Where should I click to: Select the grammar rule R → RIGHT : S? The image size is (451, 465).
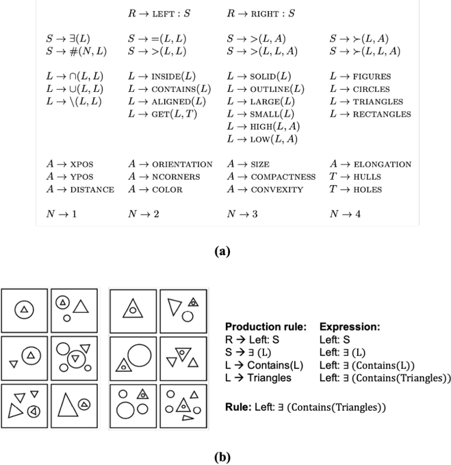coord(261,13)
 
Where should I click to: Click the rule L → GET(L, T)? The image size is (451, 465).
coord(162,114)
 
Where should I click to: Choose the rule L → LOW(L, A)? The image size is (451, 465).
coord(262,139)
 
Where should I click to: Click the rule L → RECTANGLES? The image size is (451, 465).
coord(370,114)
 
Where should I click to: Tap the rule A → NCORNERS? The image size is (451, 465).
coord(164,177)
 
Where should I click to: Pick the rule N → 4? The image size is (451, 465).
coord(344,214)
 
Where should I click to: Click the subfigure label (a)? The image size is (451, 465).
coord(221,252)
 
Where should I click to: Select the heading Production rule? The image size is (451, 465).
coord(266,327)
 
